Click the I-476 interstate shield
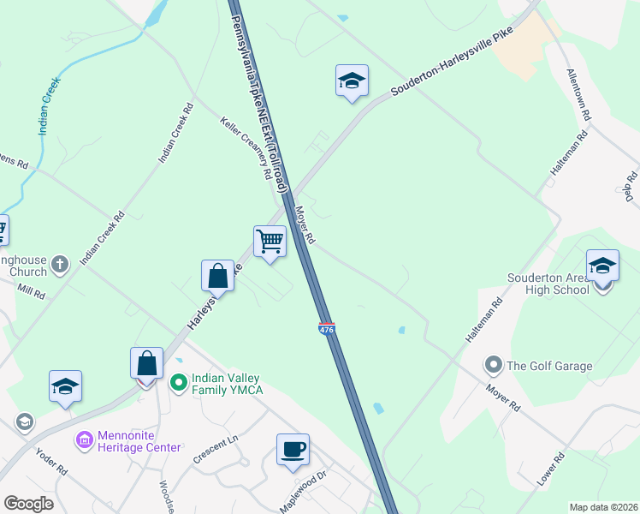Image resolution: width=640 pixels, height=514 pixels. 326,328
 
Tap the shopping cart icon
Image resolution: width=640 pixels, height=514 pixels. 270,242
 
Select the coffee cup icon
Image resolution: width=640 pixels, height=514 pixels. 293,449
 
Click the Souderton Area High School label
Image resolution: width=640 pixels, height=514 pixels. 548,284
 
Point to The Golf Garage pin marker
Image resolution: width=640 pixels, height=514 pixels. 493,366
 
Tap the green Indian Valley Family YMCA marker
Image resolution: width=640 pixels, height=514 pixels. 179,382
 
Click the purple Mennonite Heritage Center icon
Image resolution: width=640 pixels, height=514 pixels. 85,440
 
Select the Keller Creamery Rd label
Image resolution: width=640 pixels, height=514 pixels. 246,147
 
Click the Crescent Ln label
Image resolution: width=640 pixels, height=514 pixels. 215,449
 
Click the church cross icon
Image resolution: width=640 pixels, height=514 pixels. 60,264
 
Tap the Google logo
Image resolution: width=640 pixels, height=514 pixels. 27,504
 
